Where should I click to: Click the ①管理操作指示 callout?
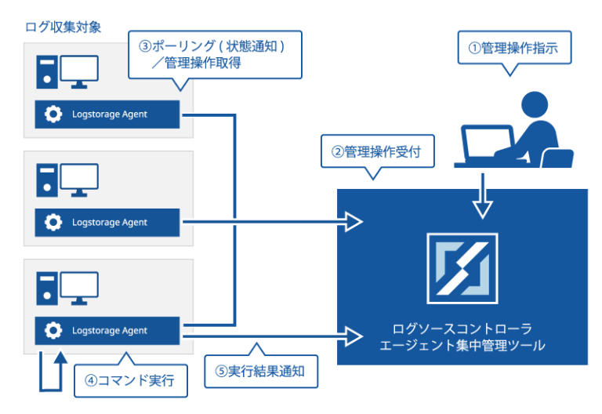(x=513, y=48)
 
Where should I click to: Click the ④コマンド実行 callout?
(x=132, y=382)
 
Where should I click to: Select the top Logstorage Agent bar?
(x=107, y=114)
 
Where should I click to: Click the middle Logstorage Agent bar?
(x=107, y=223)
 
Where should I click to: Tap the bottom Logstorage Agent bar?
(x=107, y=331)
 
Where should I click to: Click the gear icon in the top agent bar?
(x=53, y=114)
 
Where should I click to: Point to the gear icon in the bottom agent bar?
(x=53, y=331)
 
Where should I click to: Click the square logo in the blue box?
(x=462, y=269)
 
